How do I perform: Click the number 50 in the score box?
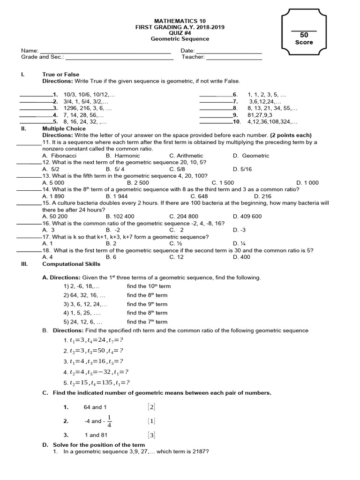pos(304,35)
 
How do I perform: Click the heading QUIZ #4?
pos(180,33)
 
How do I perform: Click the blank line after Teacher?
pos(234,58)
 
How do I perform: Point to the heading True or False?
pos(61,75)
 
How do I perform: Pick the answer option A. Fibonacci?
pos(59,156)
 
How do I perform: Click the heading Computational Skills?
pos(71,264)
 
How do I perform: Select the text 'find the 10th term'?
pos(149,286)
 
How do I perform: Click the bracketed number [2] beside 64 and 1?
pos(151,407)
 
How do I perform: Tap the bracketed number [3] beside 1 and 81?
pos(151,435)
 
